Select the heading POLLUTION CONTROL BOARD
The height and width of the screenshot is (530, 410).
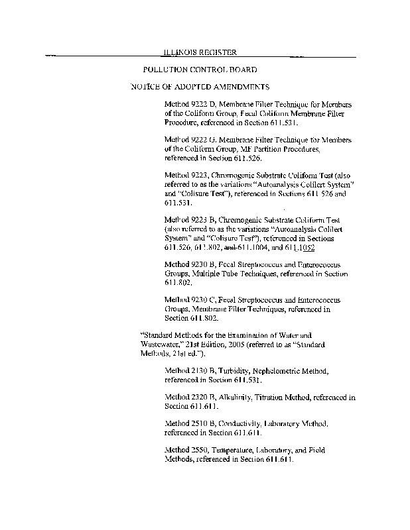pyautogui.click(x=200, y=69)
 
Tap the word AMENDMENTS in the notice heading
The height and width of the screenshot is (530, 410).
pyautogui.click(x=236, y=87)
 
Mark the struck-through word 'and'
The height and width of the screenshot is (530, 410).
pyautogui.click(x=230, y=248)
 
